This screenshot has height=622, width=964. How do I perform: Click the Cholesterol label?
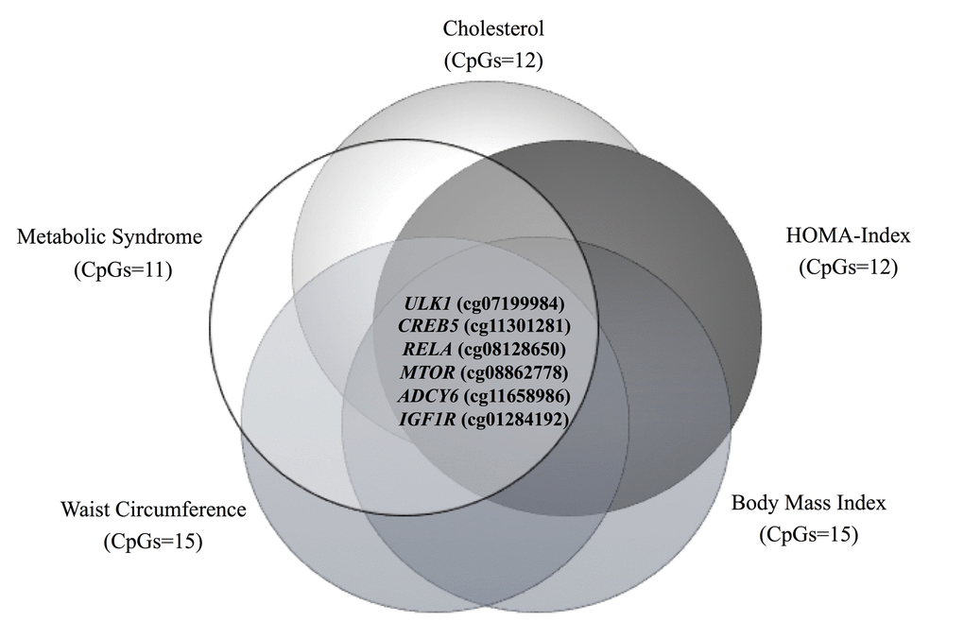coord(493,29)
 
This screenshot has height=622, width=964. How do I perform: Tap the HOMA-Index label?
coord(847,235)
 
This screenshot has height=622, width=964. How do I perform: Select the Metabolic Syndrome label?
coord(110,236)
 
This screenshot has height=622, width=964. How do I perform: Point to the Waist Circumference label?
coord(155,510)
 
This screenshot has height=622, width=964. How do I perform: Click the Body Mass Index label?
coord(809,502)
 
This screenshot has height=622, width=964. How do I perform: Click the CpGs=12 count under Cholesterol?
coord(493,61)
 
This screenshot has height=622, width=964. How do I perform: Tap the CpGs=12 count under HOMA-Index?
coord(848,268)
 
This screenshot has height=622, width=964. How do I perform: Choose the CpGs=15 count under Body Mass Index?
coord(808,535)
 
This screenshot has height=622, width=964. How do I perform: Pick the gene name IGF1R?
coord(426,418)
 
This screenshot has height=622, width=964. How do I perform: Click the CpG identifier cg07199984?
coord(510,304)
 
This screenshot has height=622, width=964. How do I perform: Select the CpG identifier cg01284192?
coord(515,418)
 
